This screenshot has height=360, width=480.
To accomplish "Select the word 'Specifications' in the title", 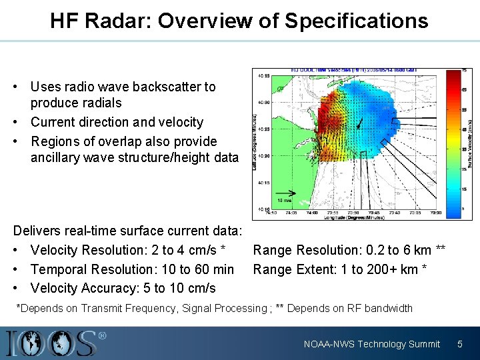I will coord(356,21).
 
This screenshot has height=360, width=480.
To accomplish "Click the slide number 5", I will coord(459,344).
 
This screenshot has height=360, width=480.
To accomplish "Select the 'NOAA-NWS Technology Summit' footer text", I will coord(371,344).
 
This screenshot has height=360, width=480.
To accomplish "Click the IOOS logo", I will coord(53,343).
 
